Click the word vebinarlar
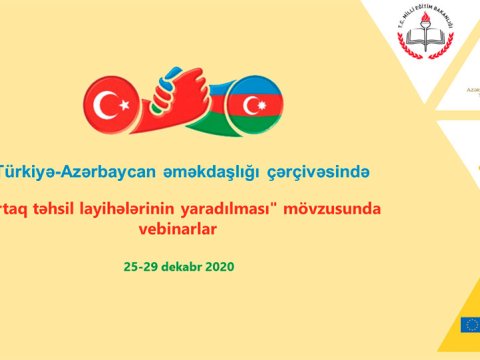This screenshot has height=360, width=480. (181, 230)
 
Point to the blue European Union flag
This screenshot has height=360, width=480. (471, 324)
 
